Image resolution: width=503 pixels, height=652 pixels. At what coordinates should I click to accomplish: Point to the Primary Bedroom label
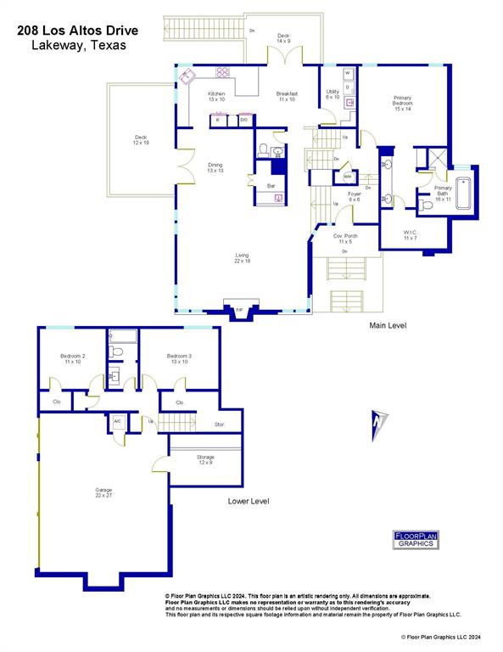coord(402,103)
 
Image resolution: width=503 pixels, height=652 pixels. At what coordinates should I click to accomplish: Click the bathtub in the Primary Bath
coord(466,193)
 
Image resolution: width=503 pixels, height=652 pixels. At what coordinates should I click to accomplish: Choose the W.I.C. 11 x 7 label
coord(411,235)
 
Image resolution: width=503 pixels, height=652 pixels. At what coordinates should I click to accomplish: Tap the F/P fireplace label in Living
coord(239,310)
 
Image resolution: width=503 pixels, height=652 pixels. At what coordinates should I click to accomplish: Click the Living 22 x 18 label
coord(243,257)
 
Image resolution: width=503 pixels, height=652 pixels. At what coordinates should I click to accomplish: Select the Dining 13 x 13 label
coord(215,168)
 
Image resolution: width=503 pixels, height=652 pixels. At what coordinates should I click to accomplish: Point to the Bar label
coord(271,185)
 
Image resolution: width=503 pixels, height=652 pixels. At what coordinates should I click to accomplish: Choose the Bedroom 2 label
coord(72,358)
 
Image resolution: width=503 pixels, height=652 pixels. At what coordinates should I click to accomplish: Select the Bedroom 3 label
coord(179,358)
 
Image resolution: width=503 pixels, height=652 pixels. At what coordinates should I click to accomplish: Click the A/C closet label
coord(117,421)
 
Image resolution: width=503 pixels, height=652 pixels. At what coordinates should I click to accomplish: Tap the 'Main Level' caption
coord(388,326)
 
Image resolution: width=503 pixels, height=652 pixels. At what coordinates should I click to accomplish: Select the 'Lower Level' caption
coord(249,501)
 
